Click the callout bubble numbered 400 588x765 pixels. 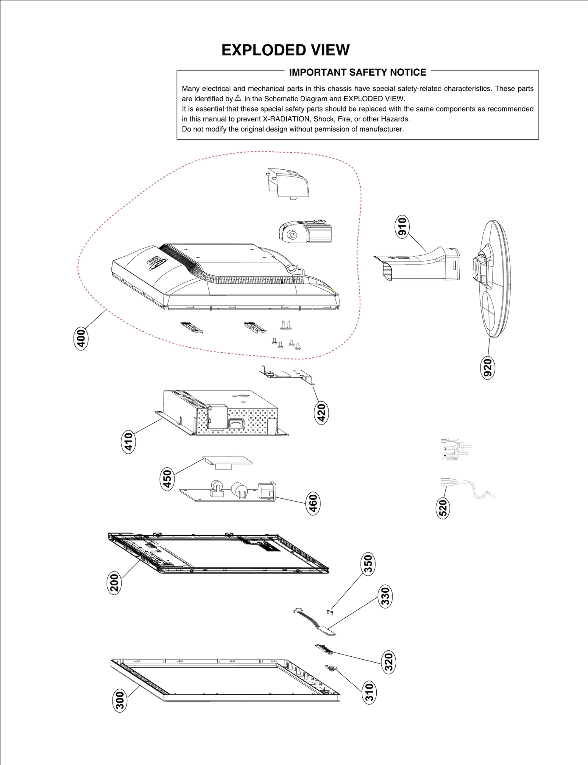(x=81, y=338)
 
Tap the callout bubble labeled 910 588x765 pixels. (x=402, y=227)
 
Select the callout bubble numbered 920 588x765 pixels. (x=487, y=367)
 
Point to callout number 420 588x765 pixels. (x=321, y=412)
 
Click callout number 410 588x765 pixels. (x=128, y=442)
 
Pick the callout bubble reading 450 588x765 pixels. (x=167, y=479)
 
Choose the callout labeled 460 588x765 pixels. (x=313, y=503)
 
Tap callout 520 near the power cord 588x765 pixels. (x=443, y=508)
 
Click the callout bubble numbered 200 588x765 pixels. (x=114, y=583)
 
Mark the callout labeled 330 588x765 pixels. (x=385, y=596)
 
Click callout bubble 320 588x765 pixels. (x=388, y=662)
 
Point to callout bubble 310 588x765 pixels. (x=369, y=692)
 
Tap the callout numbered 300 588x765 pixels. (x=120, y=700)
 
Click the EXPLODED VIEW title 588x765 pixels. (x=285, y=50)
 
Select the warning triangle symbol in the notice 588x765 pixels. (x=238, y=98)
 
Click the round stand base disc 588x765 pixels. (x=494, y=279)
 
